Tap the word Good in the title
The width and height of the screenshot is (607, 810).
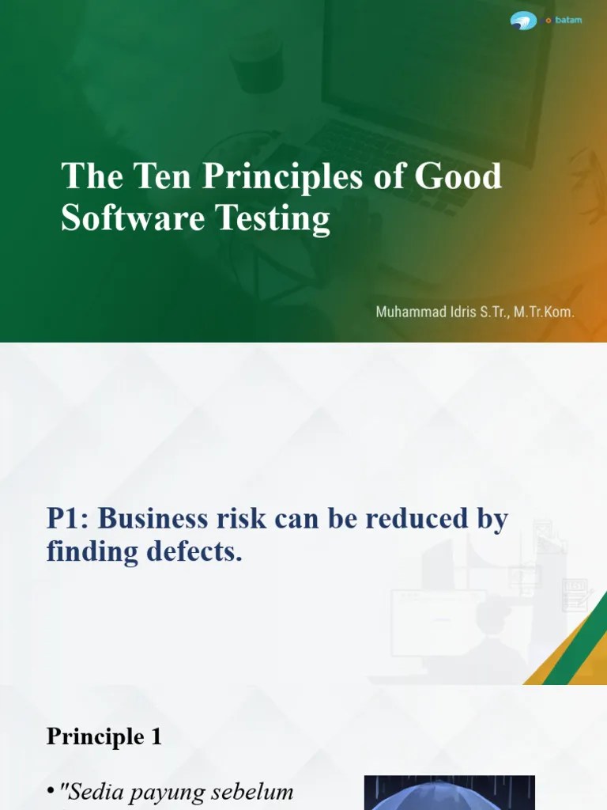coord(459,176)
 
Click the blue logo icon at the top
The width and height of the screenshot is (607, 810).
coord(523,21)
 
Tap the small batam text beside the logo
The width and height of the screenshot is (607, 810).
coord(567,20)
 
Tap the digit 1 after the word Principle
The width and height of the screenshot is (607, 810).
coord(156,736)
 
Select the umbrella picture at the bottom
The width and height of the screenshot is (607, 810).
coord(449,793)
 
